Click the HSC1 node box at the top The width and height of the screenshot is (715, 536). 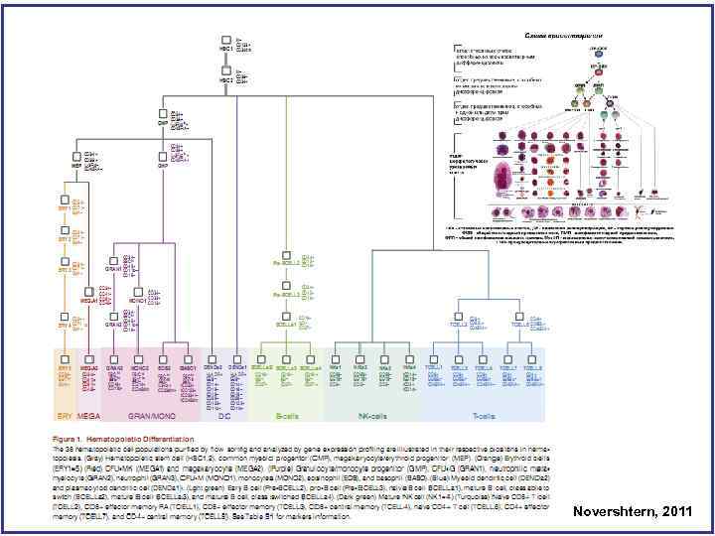pyautogui.click(x=225, y=41)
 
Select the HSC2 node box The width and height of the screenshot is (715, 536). pyautogui.click(x=225, y=70)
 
